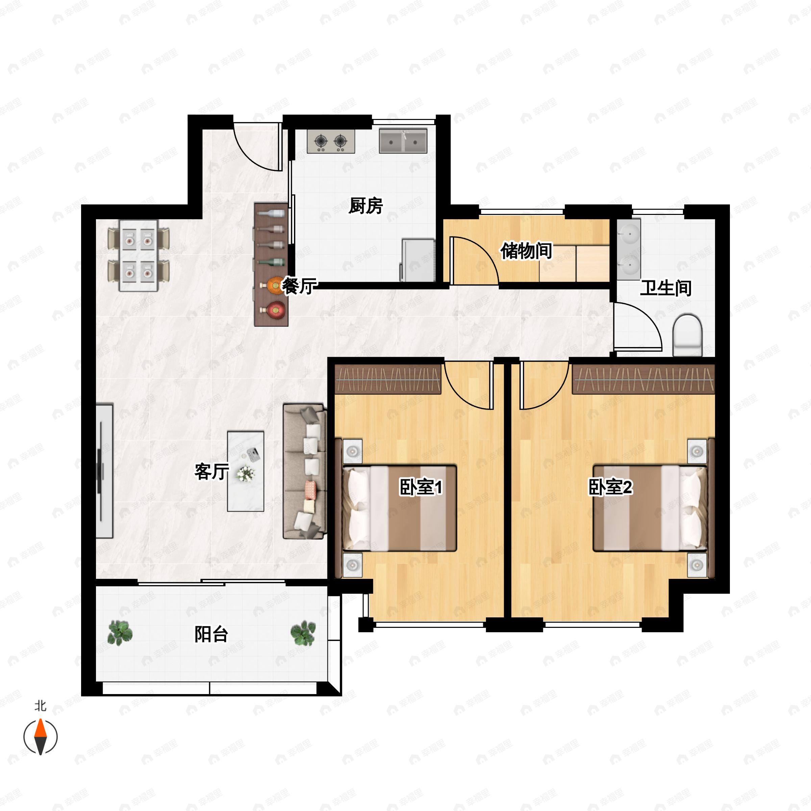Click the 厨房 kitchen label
click(x=366, y=206)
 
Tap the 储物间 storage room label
click(x=526, y=251)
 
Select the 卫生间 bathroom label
click(x=666, y=288)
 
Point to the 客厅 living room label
click(x=212, y=471)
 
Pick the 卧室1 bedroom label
click(x=421, y=487)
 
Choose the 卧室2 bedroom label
click(x=610, y=487)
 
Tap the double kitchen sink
click(x=403, y=141)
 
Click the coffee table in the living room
click(x=246, y=471)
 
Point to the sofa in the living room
click(x=305, y=471)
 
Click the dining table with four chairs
click(x=139, y=255)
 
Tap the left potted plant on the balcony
click(x=120, y=633)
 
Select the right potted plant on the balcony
click(x=303, y=633)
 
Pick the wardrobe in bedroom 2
click(x=643, y=379)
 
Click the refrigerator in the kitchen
click(x=418, y=260)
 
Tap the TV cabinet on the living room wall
click(x=104, y=471)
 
